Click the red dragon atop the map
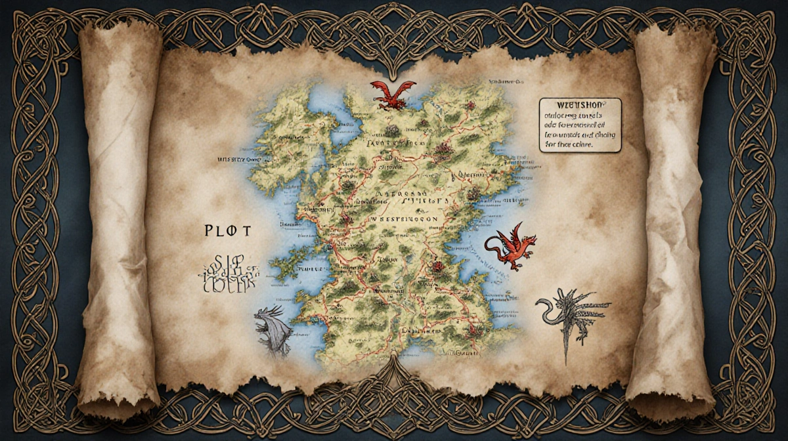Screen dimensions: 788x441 (x=392, y=94)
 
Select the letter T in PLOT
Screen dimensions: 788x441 (x=249, y=231)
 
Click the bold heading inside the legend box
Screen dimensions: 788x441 (x=580, y=105)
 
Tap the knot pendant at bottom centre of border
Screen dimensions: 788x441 (x=394, y=377)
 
